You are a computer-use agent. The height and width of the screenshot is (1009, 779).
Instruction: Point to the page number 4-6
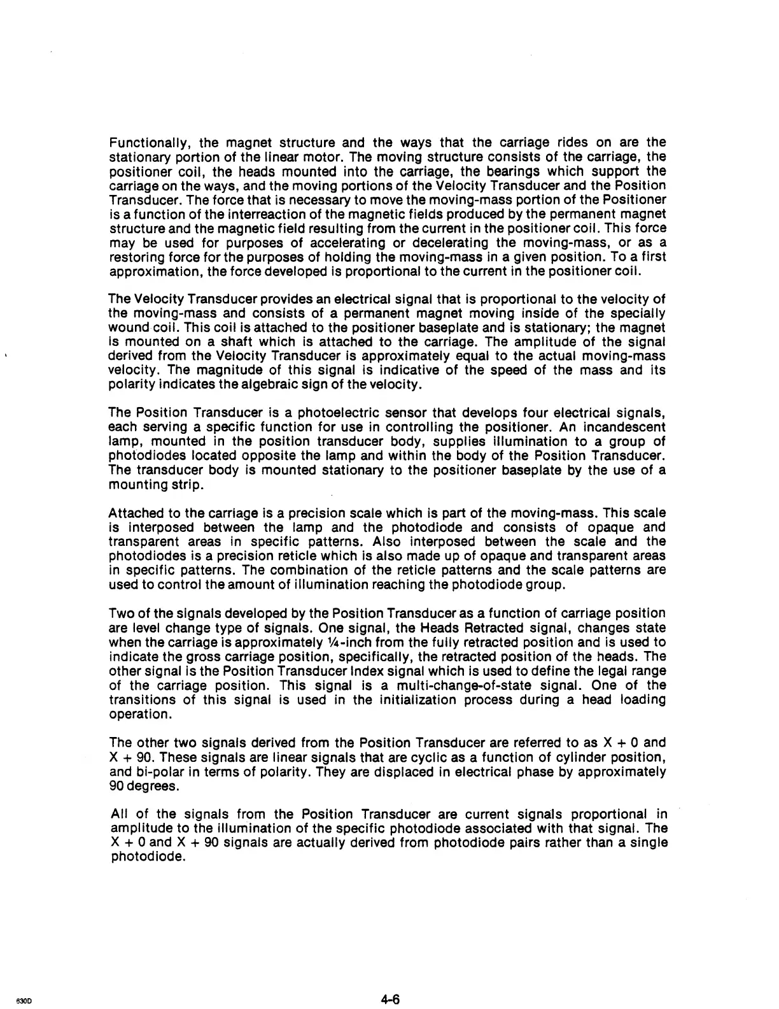pyautogui.click(x=390, y=982)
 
